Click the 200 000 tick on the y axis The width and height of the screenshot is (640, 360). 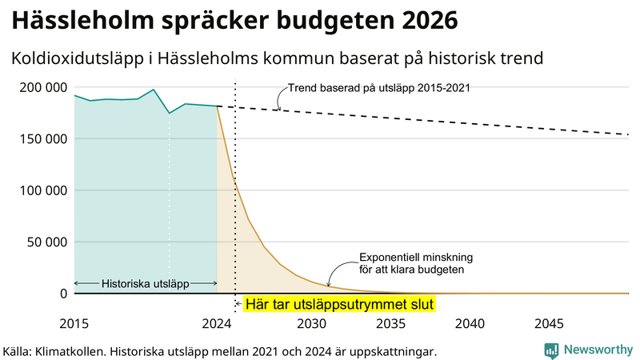click(42, 87)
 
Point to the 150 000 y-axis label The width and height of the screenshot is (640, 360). click(42, 138)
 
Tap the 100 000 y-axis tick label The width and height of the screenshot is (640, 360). click(42, 190)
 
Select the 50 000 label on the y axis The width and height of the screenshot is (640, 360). click(46, 242)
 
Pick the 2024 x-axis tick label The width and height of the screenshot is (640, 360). click(217, 324)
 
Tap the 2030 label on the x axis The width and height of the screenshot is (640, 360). click(312, 324)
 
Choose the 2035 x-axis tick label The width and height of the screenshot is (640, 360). click(391, 324)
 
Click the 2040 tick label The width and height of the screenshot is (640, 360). click(470, 324)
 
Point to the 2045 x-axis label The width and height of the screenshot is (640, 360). click(550, 324)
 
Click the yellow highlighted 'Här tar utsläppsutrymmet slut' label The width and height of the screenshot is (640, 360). click(338, 305)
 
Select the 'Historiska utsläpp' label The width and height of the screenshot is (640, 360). click(145, 284)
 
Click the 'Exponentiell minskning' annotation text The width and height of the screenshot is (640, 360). click(416, 258)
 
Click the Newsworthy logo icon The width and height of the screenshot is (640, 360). click(551, 350)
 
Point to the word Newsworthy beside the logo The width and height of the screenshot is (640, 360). click(598, 350)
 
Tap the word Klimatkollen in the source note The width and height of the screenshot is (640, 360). click(74, 350)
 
